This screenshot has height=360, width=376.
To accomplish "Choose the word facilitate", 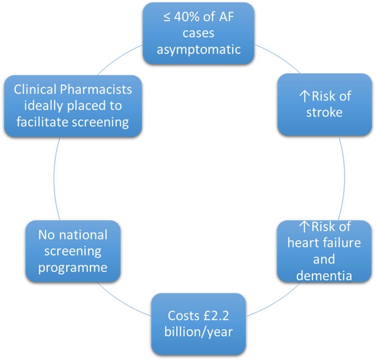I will (43, 121).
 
